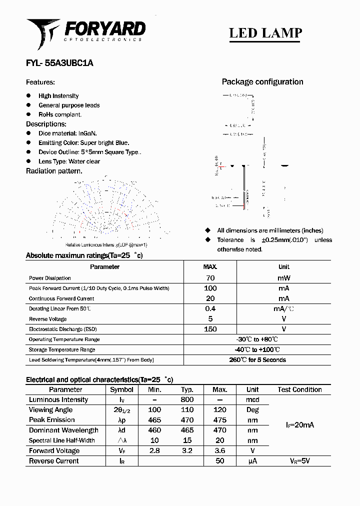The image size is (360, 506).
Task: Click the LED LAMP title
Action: [x=265, y=33]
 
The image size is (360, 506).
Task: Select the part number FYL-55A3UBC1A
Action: [x=59, y=63]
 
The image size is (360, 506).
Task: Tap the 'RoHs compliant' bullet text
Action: [x=60, y=114]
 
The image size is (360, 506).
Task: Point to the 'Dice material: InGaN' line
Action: [x=67, y=133]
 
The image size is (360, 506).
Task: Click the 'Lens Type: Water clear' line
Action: [x=69, y=161]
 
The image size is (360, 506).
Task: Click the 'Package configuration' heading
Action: [x=262, y=82]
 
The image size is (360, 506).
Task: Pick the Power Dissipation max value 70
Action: [x=210, y=278]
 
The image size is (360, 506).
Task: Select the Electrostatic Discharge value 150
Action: [x=210, y=329]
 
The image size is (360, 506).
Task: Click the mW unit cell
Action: [x=283, y=278]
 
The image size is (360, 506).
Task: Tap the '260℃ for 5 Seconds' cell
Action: [x=257, y=360]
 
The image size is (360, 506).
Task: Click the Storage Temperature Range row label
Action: [x=62, y=349]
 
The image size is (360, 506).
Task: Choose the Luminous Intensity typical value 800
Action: [x=187, y=400]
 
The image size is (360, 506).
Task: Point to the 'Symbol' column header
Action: [x=121, y=389]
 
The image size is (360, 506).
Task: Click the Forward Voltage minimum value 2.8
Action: [x=154, y=451]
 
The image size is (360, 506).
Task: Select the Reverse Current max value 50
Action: [x=219, y=461]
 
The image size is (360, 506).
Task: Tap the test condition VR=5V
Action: [x=299, y=461]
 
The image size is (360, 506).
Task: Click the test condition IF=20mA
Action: [x=299, y=425]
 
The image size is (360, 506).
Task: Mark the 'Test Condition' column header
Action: [x=299, y=389]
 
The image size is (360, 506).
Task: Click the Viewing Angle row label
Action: [x=50, y=410]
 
